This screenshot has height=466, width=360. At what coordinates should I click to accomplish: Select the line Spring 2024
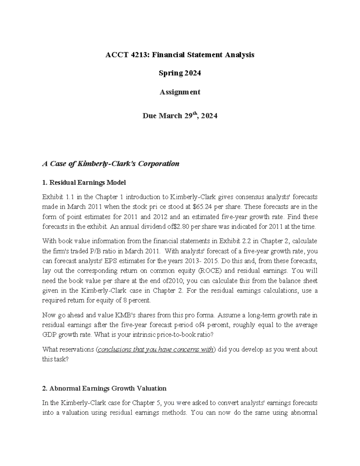(x=180, y=73)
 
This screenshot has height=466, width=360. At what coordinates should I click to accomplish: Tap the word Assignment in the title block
(x=180, y=92)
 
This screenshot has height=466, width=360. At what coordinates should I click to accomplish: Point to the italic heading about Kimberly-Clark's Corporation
(x=111, y=164)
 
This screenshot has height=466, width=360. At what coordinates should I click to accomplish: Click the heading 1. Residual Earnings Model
(x=84, y=182)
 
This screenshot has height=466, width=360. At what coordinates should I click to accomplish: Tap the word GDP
(x=49, y=335)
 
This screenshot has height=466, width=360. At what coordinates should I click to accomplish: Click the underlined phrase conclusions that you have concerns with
(x=156, y=350)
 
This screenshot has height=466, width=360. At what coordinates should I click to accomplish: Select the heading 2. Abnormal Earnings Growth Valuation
(x=104, y=389)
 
